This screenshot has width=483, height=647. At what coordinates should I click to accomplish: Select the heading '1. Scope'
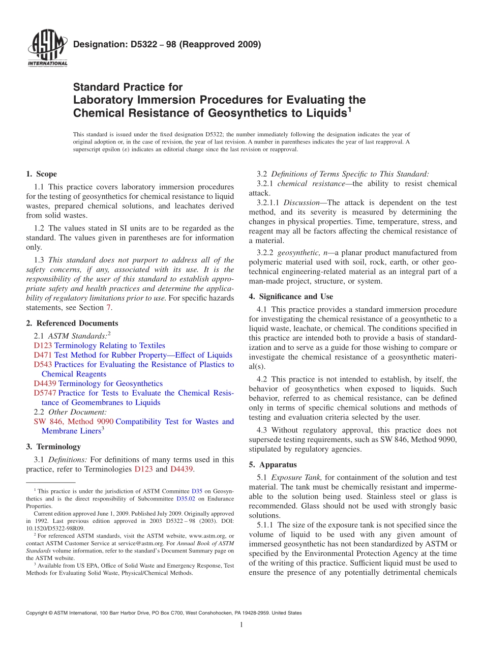[41, 174]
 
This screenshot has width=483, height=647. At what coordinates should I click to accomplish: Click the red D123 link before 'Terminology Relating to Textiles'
[43, 345]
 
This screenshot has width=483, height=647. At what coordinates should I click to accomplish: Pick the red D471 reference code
[43, 355]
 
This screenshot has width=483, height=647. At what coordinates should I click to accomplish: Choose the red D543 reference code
[43, 365]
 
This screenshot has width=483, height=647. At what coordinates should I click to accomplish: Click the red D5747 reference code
[45, 393]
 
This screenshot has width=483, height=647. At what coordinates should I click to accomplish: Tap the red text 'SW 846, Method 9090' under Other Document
[73, 422]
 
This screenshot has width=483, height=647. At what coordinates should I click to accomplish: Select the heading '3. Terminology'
[53, 447]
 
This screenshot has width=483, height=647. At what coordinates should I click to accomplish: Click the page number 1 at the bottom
[242, 625]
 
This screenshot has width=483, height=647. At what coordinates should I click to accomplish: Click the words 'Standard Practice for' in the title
[128, 87]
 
